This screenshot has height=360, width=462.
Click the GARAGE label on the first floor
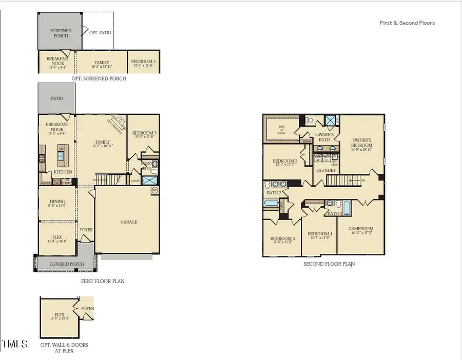coord(129,222)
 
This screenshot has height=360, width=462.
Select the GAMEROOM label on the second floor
coord(361,229)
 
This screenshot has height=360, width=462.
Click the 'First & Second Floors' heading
coord(407,23)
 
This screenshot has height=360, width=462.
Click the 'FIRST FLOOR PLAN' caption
coord(103,281)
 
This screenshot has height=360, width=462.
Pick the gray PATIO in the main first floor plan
coord(56,98)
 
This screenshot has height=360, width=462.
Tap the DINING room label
coord(57,202)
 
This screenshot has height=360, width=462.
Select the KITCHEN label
coord(63,172)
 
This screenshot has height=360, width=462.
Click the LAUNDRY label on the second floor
coord(326,170)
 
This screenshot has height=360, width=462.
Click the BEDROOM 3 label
coord(282,238)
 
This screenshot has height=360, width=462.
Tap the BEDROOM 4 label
coord(320,234)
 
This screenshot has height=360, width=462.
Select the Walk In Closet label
coord(282,129)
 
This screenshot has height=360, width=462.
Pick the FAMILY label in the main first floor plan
coord(103,142)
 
